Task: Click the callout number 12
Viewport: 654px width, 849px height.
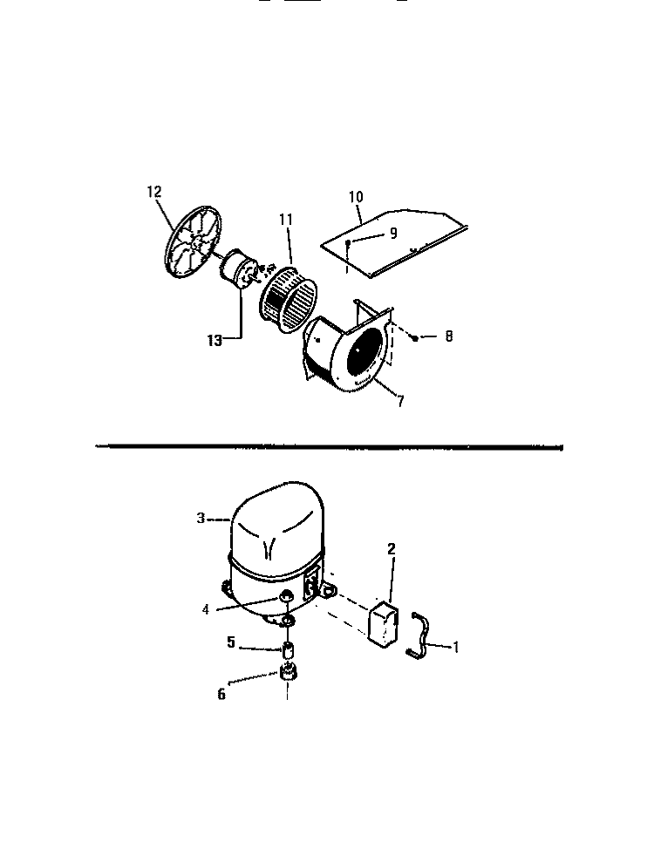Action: [x=154, y=192]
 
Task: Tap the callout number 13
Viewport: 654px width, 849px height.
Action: [x=215, y=341]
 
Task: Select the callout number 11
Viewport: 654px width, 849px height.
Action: [x=286, y=220]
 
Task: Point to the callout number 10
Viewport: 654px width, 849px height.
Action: [x=356, y=196]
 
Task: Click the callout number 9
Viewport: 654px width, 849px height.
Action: [x=393, y=233]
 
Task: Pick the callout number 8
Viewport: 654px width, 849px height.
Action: [x=448, y=336]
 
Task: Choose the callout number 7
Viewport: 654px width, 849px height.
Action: [x=400, y=402]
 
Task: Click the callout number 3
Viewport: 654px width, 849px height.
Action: [x=201, y=518]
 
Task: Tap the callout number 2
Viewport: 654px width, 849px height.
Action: [x=392, y=548]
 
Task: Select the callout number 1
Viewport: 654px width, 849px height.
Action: [x=456, y=647]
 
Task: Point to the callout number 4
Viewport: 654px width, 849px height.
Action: [x=206, y=609]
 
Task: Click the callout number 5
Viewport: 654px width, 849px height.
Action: [x=231, y=642]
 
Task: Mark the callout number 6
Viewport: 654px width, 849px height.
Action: [x=221, y=694]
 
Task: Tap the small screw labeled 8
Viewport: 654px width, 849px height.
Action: [x=415, y=338]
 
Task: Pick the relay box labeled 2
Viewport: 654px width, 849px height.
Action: [x=383, y=624]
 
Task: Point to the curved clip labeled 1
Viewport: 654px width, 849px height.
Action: [x=419, y=635]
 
